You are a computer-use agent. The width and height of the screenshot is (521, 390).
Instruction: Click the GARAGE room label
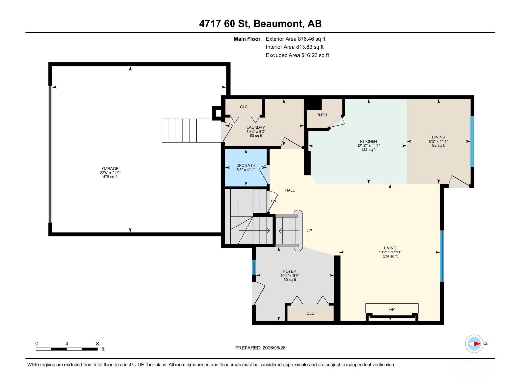[x=110, y=169]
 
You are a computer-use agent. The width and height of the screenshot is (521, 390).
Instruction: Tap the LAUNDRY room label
[x=256, y=127]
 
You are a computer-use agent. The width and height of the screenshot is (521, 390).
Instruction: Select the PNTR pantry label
[x=322, y=115]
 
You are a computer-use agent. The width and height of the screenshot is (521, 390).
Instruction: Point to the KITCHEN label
[x=368, y=141]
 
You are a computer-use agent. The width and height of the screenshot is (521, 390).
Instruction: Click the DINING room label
[x=438, y=137]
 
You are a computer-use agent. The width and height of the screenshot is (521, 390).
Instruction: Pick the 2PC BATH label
[x=246, y=165]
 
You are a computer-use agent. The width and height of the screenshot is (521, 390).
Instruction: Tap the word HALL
[x=290, y=190]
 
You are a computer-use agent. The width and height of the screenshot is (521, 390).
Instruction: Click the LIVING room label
[x=390, y=248]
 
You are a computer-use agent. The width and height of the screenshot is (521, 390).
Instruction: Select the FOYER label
[x=289, y=271]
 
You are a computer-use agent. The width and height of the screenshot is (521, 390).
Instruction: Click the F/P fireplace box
[x=392, y=308]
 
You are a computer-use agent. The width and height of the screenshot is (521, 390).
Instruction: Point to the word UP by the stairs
[x=309, y=231]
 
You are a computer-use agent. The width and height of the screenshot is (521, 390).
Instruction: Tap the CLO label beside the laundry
[x=244, y=107]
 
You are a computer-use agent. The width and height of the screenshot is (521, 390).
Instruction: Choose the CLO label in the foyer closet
[x=310, y=313]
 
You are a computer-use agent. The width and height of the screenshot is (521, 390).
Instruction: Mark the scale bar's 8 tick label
[x=97, y=344]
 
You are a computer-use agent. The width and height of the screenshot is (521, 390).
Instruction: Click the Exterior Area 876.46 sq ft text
[x=296, y=39]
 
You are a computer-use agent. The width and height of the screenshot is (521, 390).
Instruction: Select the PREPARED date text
[x=260, y=348]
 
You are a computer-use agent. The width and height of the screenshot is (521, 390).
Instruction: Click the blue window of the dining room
[x=472, y=141]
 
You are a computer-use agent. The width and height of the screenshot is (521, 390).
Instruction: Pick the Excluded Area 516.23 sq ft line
[x=297, y=55]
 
